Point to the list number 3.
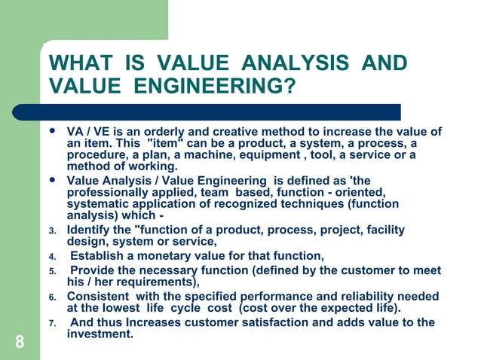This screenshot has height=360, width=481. [x=52, y=231]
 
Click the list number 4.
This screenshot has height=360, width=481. [x=52, y=256]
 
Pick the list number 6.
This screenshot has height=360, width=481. [x=52, y=297]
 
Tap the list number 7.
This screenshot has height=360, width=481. [x=52, y=323]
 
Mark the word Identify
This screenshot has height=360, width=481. [x=90, y=230]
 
